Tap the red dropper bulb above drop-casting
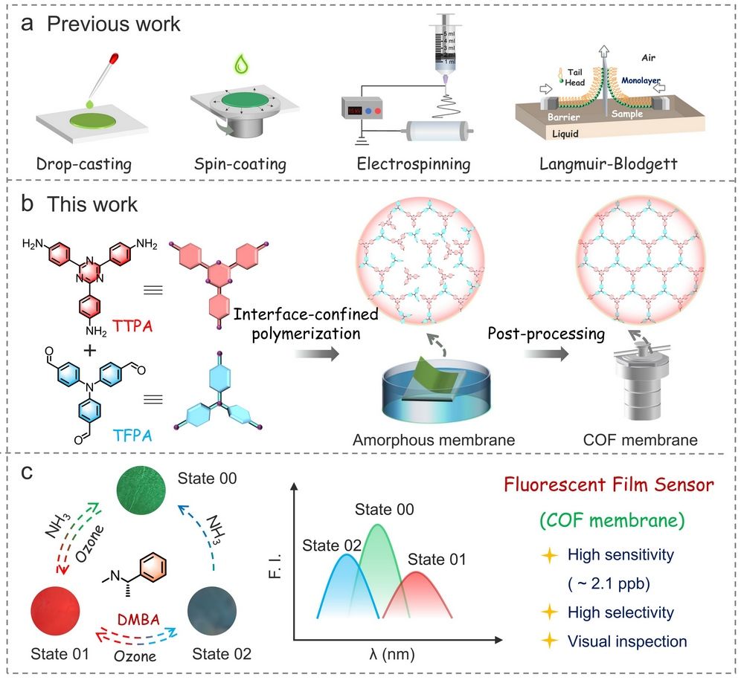tap(115, 56)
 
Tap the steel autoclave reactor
tap(638, 386)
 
